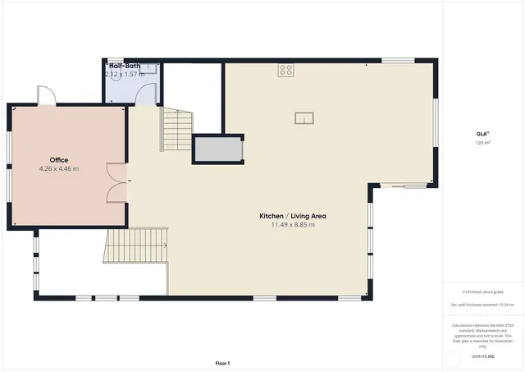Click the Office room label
(x=58, y=159)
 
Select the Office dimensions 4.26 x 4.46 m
(x=58, y=168)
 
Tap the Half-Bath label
(x=125, y=65)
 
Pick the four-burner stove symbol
(x=285, y=70)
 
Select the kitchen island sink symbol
(x=304, y=117)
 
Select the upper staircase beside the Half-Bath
(x=176, y=131)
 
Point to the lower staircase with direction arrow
(x=137, y=245)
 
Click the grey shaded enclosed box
(x=217, y=150)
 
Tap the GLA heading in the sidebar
(x=482, y=133)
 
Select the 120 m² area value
(x=482, y=143)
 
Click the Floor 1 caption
(x=222, y=363)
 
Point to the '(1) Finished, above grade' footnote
(x=482, y=292)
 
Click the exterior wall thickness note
(x=482, y=305)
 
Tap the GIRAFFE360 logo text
(x=482, y=357)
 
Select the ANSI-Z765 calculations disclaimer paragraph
(x=482, y=335)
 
